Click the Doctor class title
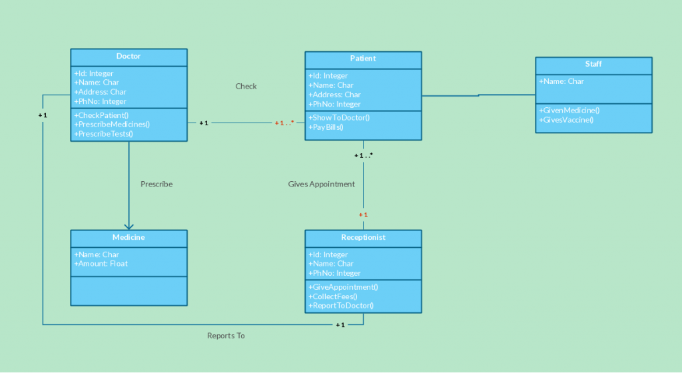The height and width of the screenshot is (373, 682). pos(129,57)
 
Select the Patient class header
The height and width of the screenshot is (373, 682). pos(363,59)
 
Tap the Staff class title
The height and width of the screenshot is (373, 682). pos(593,65)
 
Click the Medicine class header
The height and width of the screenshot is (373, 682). pos(129,237)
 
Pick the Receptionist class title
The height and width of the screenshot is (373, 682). pos(363,237)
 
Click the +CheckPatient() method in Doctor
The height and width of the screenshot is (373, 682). pos(102,115)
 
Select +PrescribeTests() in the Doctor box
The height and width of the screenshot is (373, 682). pos(104,133)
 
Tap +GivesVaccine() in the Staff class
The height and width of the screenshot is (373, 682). pos(566,120)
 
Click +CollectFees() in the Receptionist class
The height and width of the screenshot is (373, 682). pos(333,296)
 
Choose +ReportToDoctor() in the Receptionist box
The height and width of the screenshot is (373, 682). pos(341,306)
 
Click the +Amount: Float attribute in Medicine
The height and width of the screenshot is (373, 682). pos(101,264)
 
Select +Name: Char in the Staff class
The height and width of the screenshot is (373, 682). pos(561,81)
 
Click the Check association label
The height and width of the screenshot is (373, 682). pos(246,87)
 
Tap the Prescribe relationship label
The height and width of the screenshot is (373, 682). pos(157,185)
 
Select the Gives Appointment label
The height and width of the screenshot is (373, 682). pos(321,185)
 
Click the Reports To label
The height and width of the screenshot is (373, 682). pos(226,336)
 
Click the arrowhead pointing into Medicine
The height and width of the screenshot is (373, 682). pos(129,226)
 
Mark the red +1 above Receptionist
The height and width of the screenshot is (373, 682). pos(363,215)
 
